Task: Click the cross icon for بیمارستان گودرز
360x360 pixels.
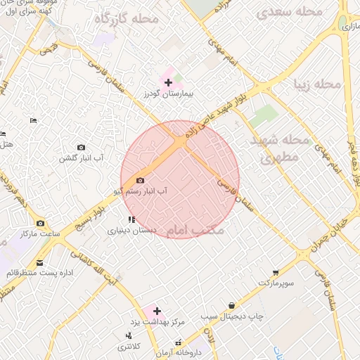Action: [x=167, y=83]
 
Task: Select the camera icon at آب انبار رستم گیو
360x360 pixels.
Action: [x=139, y=181]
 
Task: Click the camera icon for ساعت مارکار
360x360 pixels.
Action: [x=39, y=223]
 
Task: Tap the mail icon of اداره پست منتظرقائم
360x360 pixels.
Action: [x=38, y=263]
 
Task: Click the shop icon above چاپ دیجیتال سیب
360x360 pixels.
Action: [x=232, y=305]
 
